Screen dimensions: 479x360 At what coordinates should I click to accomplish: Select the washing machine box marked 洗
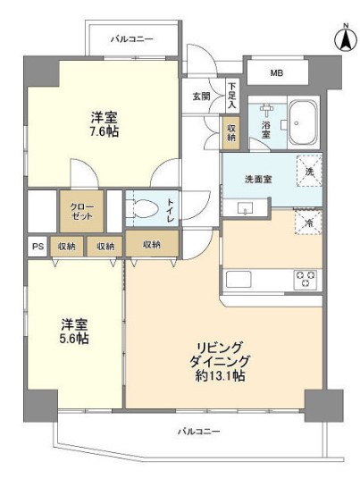308,171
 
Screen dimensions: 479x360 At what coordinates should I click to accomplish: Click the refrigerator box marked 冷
308,224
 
